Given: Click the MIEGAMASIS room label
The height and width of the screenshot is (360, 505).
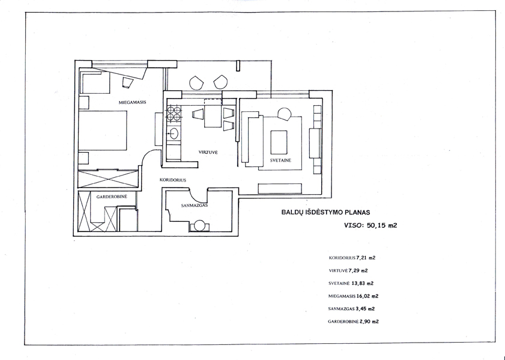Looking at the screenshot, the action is tap(132, 102).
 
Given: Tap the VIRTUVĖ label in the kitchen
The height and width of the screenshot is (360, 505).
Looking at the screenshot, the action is tap(208, 152).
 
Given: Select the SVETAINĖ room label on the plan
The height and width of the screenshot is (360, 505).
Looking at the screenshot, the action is tap(280, 160).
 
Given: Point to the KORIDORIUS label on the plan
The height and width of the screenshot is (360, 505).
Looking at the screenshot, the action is tap(173, 180).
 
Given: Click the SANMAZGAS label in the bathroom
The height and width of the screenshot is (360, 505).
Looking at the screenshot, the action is tap(194, 206).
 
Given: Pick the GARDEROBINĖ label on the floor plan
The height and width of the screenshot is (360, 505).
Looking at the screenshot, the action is tap(112, 197).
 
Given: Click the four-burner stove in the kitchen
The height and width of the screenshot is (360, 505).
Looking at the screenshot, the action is tap(174, 114).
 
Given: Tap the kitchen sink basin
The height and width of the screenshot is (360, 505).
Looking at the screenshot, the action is tap(175, 133).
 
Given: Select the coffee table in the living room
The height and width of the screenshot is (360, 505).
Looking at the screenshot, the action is tap(279, 142).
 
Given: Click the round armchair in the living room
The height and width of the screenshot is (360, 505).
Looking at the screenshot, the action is tap(285, 114).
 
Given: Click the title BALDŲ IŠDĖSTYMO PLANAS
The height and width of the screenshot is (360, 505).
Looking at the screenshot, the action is tap(325, 212).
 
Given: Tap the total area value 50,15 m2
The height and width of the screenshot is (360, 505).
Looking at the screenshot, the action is tap(382, 225).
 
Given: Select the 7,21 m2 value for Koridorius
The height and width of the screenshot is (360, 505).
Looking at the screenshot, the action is tap(366, 258).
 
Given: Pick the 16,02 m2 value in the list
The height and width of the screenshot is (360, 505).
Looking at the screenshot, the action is tap(367, 296).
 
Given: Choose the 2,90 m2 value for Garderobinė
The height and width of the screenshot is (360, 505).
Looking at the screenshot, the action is tap(369, 322).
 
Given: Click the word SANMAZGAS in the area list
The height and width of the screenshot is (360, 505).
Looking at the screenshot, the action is tap(342, 309).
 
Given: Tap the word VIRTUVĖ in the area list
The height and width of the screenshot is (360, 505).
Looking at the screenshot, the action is tap(338, 270).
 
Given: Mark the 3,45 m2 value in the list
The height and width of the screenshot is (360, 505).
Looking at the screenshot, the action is tap(365, 309).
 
